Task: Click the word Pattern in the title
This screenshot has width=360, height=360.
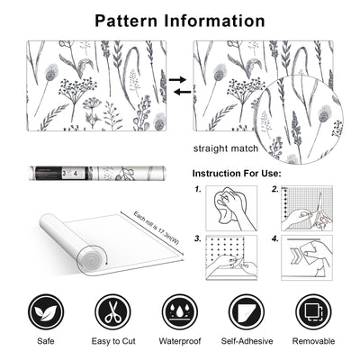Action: point(131,19)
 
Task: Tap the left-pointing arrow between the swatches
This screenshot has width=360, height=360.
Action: point(179,91)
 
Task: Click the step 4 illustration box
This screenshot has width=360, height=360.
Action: point(308,257)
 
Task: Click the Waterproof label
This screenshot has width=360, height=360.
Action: point(180,342)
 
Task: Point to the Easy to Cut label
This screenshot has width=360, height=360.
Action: point(112,342)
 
